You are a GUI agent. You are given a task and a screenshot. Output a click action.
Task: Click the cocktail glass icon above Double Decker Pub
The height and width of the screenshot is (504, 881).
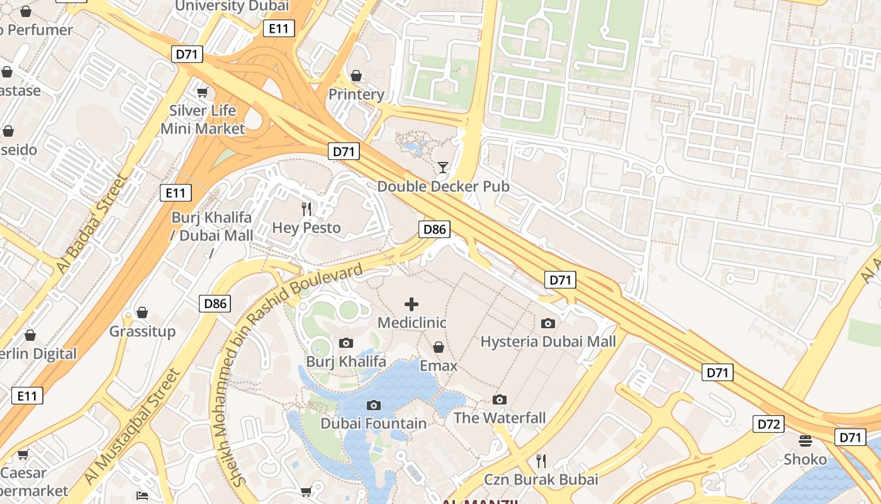tap(443, 167)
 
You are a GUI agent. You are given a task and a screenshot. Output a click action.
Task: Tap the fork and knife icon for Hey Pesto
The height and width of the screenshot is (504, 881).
tap(306, 209)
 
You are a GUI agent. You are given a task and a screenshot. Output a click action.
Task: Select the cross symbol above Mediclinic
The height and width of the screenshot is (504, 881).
tap(412, 304)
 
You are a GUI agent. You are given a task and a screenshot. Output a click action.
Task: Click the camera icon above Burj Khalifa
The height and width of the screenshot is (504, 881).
tap(345, 343)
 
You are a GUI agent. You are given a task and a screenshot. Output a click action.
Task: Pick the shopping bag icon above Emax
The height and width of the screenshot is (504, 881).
tap(439, 347)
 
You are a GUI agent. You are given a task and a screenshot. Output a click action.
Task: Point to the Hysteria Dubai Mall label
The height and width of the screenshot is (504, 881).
tap(547, 341)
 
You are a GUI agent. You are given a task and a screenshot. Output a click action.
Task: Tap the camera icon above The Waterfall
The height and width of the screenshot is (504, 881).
tap(500, 399)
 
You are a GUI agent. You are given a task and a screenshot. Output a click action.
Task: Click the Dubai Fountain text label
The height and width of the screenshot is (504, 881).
tap(374, 423)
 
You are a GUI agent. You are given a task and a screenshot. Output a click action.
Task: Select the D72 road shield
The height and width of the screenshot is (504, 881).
tap(768, 424)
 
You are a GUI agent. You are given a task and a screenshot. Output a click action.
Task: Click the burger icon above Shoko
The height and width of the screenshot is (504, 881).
tap(805, 440)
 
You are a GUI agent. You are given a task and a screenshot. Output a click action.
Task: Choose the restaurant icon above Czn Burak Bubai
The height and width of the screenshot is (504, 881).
tap(541, 461)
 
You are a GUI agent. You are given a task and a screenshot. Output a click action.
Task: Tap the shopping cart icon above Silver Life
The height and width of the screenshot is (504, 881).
tap(202, 93)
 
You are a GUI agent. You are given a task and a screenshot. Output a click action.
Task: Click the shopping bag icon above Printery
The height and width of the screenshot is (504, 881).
tap(356, 76)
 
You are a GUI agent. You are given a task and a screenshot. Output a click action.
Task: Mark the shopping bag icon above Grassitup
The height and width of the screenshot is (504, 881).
tap(142, 312)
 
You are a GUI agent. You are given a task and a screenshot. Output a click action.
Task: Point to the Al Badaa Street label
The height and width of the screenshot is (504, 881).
tap(92, 224)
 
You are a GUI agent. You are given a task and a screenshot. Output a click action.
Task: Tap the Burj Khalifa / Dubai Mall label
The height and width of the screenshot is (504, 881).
tap(211, 226)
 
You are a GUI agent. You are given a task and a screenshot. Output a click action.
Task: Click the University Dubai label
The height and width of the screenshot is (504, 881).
tap(232, 6)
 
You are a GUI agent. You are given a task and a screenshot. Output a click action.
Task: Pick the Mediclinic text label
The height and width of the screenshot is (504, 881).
tap(412, 323)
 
